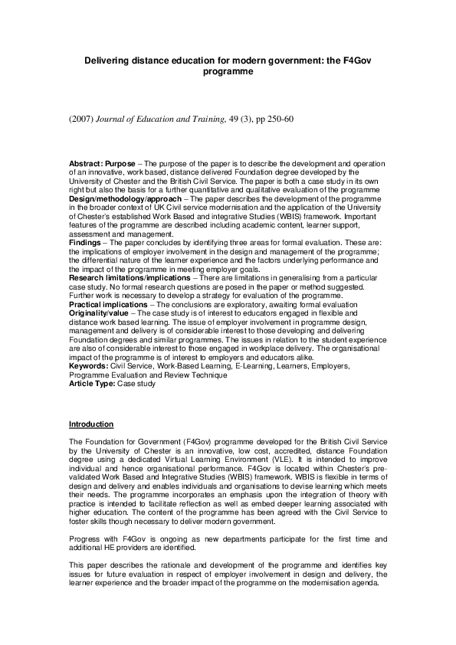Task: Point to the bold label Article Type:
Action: (91, 382)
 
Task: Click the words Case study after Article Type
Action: (136, 382)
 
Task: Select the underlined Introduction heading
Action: (91, 424)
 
